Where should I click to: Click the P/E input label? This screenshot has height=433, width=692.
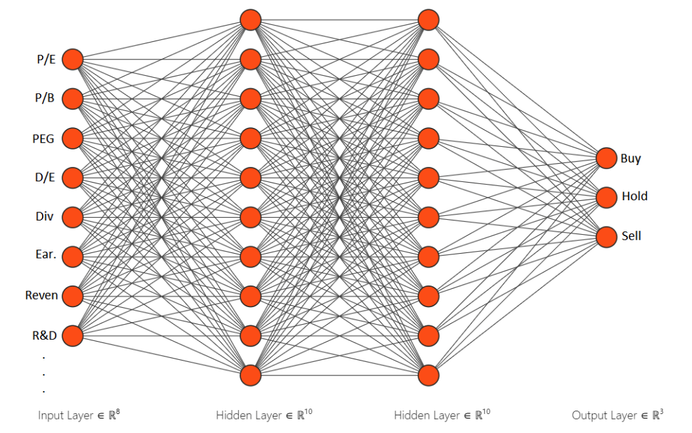pyautogui.click(x=46, y=60)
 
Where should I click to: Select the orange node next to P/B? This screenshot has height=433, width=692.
pyautogui.click(x=72, y=99)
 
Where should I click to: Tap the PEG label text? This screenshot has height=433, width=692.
pyautogui.click(x=44, y=139)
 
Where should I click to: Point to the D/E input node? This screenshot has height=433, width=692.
pyautogui.click(x=72, y=178)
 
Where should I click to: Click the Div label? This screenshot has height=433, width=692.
pyautogui.click(x=45, y=217)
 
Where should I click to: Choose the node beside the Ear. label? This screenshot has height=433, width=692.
pyautogui.click(x=72, y=256)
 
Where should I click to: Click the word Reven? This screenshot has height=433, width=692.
pyautogui.click(x=41, y=296)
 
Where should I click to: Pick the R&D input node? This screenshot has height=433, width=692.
pyautogui.click(x=72, y=335)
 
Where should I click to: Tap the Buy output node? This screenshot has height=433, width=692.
pyautogui.click(x=606, y=158)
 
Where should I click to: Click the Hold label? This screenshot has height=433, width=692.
pyautogui.click(x=634, y=196)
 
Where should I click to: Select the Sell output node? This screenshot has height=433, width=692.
pyautogui.click(x=606, y=236)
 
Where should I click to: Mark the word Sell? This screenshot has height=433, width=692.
pyautogui.click(x=631, y=236)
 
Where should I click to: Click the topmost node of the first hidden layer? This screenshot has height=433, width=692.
pyautogui.click(x=251, y=20)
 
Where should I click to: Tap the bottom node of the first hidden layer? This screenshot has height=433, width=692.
pyautogui.click(x=251, y=374)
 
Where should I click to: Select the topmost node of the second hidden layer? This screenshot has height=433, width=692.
pyautogui.click(x=429, y=20)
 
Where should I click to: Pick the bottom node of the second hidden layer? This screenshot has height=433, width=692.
pyautogui.click(x=429, y=374)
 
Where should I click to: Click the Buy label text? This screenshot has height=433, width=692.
pyautogui.click(x=630, y=158)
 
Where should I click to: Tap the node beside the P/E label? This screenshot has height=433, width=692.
pyautogui.click(x=72, y=60)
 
